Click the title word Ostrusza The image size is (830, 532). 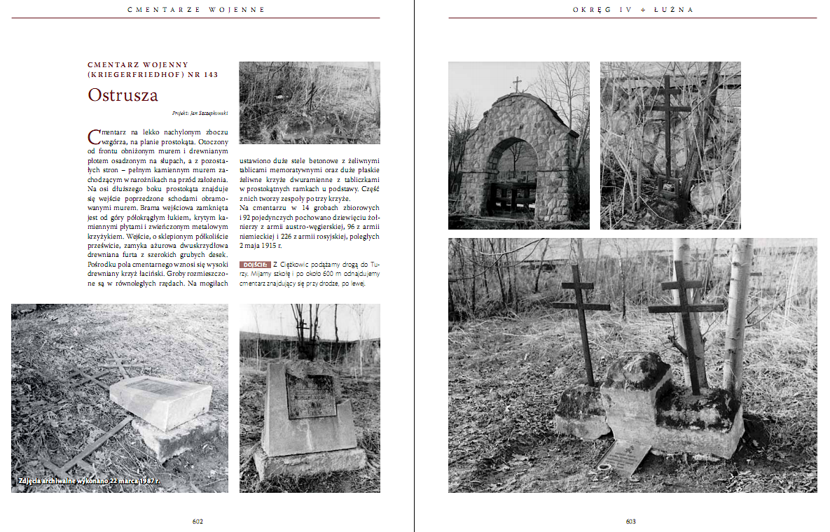pos(123,95)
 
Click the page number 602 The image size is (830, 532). pos(198,521)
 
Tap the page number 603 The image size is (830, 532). pos(630,521)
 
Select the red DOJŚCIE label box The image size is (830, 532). pos(254,264)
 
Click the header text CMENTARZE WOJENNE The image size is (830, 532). pos(197,10)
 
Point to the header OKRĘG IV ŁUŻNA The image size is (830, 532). pos(632,10)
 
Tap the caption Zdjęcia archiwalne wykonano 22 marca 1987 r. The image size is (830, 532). pos(88,482)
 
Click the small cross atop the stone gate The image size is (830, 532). pos(517,84)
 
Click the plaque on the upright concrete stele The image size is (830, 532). pos(310,395)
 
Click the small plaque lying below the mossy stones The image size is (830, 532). pos(623,456)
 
